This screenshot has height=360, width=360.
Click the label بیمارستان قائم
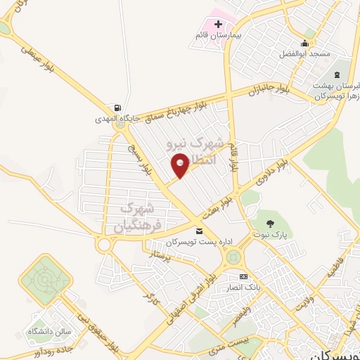[x=218, y=35]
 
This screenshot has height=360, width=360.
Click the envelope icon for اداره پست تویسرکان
[x=199, y=231]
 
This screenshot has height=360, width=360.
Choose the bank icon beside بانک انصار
[x=243, y=277]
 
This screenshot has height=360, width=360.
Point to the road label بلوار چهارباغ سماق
[x=173, y=108]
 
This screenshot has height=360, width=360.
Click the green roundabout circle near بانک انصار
[x=233, y=259]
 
